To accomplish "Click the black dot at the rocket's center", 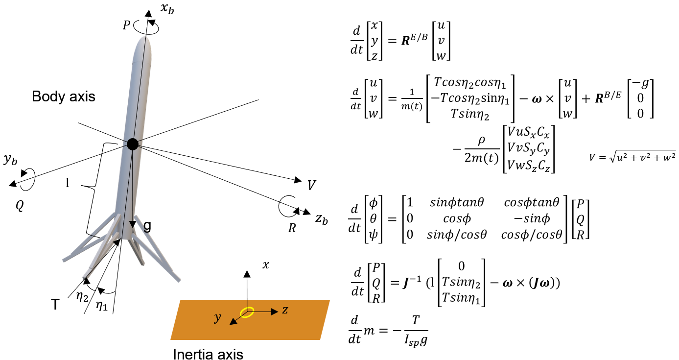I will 133,144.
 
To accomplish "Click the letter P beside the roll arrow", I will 127,25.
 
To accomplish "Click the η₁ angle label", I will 102,305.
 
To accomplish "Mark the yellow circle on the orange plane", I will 247,312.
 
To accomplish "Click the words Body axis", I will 64,97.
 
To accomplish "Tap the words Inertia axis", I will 208,353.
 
